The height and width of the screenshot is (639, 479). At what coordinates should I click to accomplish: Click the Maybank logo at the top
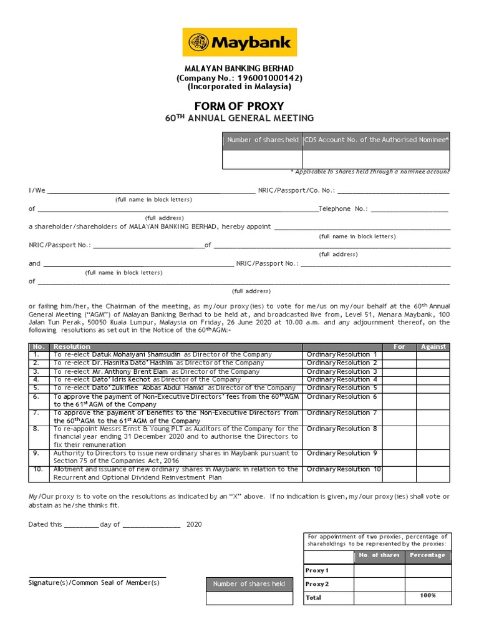pos(239,42)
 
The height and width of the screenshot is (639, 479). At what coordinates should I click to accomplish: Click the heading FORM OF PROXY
pos(239,106)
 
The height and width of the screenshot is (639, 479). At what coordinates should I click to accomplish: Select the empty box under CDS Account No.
pos(376,159)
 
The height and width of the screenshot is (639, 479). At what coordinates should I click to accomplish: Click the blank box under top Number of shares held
pos(262,159)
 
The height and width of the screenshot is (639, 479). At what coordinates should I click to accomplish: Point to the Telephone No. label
pos(343,209)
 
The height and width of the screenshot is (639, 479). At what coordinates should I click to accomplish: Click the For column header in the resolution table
pos(399,347)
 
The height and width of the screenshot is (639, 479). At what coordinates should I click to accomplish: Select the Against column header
pos(433,347)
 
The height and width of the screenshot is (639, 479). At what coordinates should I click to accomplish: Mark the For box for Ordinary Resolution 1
pos(399,355)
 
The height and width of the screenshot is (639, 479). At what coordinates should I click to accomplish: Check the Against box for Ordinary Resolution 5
pos(433,388)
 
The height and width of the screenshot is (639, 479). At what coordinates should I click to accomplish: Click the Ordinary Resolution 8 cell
pos(342,429)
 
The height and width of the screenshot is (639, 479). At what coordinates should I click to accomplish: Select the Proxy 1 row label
pos(317,570)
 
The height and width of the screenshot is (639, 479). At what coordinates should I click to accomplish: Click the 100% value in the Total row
pos(428,596)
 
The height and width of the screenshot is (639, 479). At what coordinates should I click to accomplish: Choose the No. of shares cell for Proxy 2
pos(379,584)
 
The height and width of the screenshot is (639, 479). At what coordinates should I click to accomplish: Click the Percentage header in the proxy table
pos(428,555)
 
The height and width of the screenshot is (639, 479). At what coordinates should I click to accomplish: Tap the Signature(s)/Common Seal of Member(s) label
pos(94,582)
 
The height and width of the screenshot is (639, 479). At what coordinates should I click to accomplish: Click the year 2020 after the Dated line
pos(194,525)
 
